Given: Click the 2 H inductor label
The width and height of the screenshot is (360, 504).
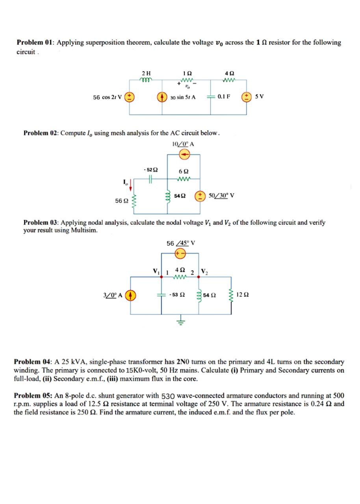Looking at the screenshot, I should (146, 73).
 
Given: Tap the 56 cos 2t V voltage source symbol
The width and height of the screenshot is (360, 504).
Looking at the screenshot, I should (131, 97).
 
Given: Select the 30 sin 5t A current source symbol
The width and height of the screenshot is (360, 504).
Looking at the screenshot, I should (161, 97).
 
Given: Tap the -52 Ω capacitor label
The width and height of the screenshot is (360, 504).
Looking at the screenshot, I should (150, 170).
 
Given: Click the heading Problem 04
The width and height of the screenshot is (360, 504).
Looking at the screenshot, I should (33, 361).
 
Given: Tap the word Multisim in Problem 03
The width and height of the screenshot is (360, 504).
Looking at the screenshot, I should (84, 230).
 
